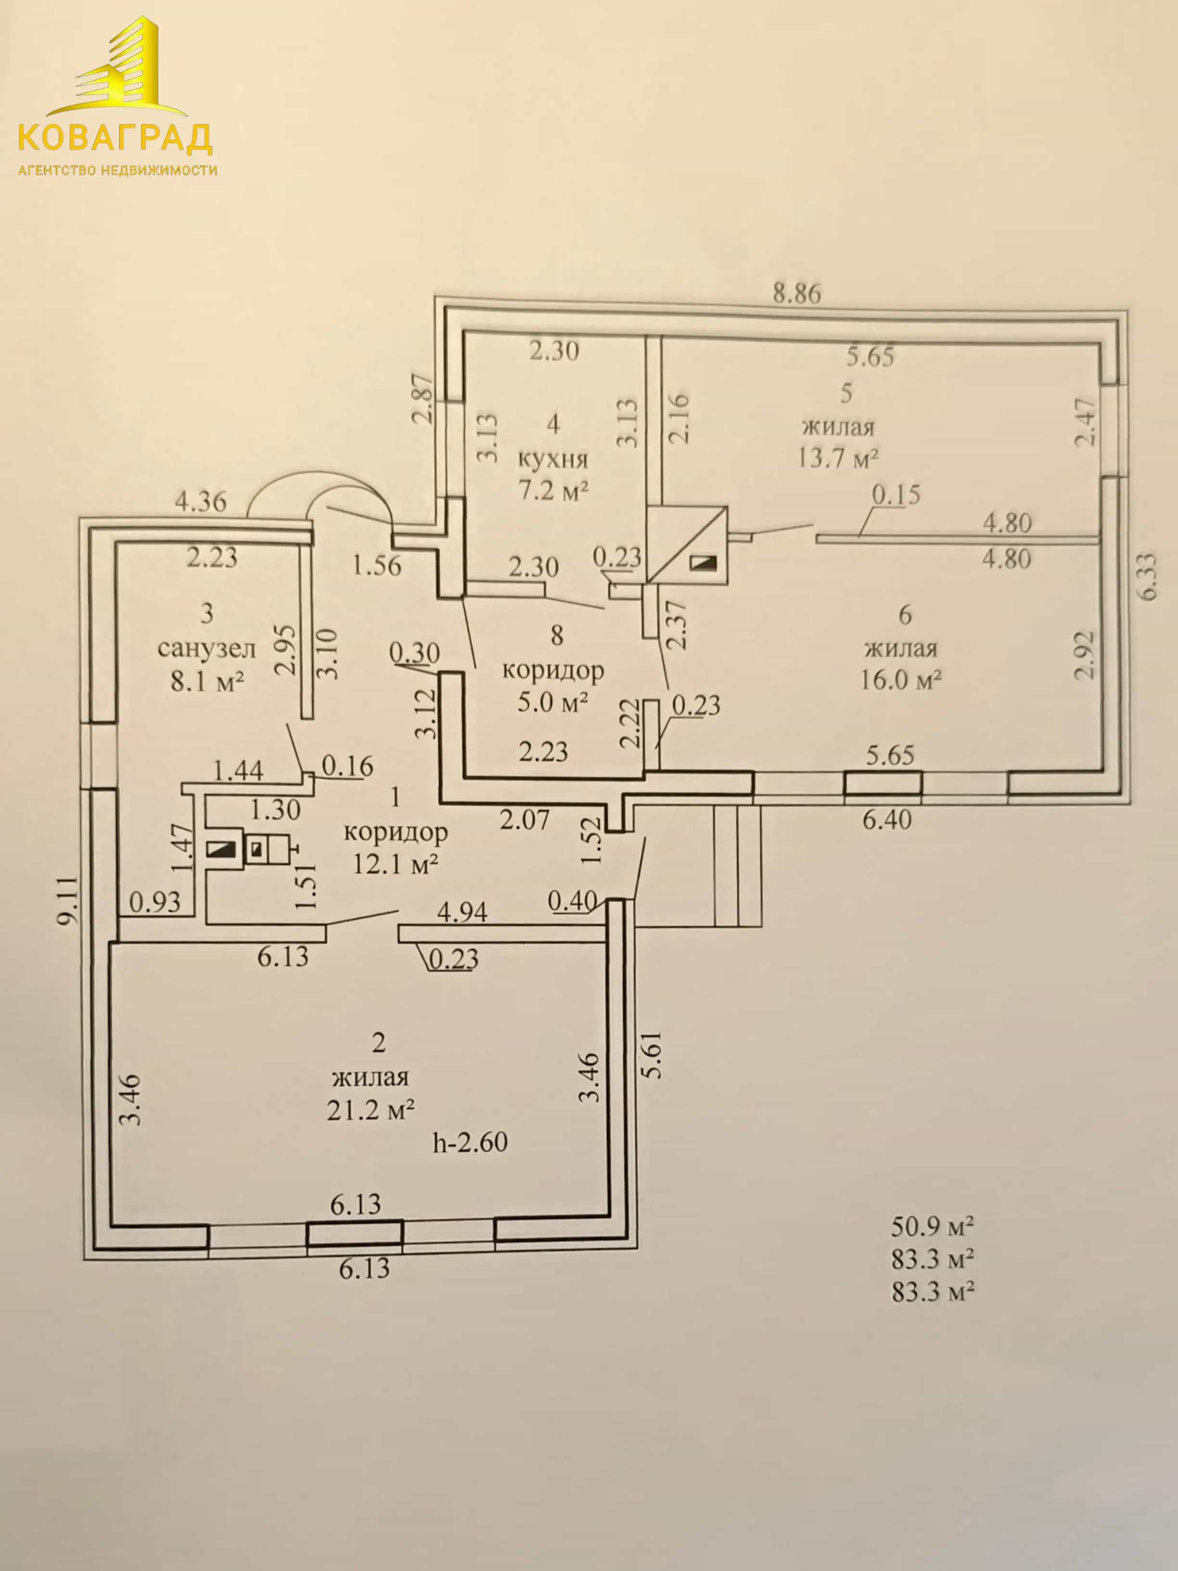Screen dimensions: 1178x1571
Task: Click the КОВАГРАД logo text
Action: [x=115, y=137]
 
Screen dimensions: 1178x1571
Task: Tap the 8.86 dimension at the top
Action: [x=797, y=293]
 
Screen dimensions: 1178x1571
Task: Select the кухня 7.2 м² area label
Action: [x=554, y=475]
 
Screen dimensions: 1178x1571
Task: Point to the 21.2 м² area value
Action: [x=371, y=1109]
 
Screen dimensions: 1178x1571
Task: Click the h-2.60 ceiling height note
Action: [x=470, y=1143]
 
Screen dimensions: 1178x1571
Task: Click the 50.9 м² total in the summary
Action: [x=932, y=1226]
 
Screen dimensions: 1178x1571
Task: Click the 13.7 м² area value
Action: [x=839, y=458]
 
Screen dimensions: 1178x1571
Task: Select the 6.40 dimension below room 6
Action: [x=887, y=820]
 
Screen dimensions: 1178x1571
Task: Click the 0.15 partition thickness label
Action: [x=896, y=494]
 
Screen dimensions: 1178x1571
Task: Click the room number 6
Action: [x=905, y=615]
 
